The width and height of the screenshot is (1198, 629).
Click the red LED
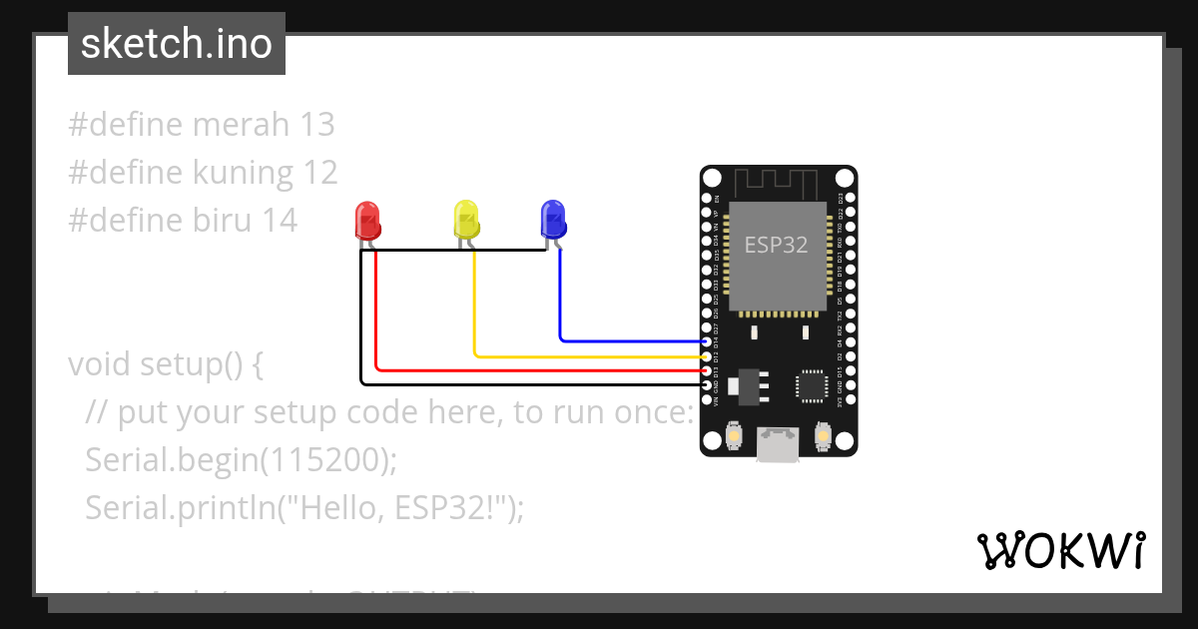(x=367, y=220)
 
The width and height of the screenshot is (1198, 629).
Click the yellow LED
(x=466, y=220)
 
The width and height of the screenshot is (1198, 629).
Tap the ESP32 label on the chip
(x=776, y=245)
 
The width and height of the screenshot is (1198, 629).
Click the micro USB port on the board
(x=778, y=444)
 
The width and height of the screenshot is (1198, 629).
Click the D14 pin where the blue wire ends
(x=707, y=341)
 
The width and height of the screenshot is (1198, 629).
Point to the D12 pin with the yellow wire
(x=707, y=356)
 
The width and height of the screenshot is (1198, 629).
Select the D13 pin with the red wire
(x=707, y=370)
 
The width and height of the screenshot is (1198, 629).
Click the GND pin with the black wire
(x=707, y=384)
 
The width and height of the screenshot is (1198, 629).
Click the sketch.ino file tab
(x=177, y=44)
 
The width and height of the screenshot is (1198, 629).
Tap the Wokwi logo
(x=1060, y=550)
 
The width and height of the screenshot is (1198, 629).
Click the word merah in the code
(x=241, y=125)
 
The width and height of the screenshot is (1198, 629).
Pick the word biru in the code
(x=223, y=221)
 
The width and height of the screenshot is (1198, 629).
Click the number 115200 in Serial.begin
(x=321, y=460)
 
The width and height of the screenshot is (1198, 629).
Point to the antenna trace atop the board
(x=778, y=183)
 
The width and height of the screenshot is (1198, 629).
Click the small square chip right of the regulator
(x=812, y=386)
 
